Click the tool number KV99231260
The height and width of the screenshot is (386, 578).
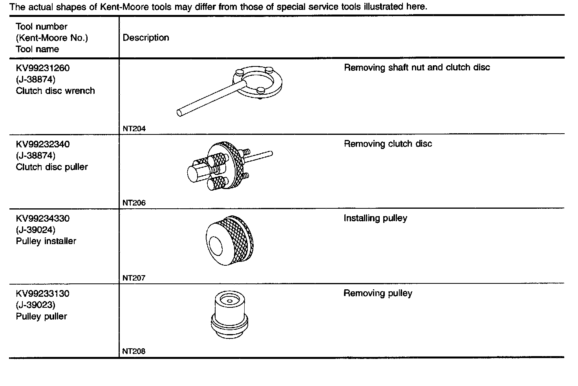[43, 68]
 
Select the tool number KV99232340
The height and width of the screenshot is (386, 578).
[43, 144]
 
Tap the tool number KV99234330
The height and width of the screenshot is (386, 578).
[43, 219]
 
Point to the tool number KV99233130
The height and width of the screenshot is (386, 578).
[43, 294]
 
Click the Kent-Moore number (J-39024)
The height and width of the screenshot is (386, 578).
[36, 230]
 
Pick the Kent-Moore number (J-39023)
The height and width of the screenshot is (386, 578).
[36, 305]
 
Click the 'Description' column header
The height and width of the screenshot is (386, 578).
[146, 38]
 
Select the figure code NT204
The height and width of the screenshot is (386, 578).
[134, 129]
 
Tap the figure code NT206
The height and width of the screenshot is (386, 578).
[134, 203]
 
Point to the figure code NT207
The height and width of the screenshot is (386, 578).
[134, 278]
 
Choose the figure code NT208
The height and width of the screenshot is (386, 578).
[134, 351]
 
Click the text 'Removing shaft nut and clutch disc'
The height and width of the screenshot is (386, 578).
[417, 68]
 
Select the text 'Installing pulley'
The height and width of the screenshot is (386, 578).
[375, 218]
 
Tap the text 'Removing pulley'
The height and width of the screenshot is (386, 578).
[378, 293]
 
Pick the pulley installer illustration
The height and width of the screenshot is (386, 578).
[230, 240]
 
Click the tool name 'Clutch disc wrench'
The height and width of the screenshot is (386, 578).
[55, 91]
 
